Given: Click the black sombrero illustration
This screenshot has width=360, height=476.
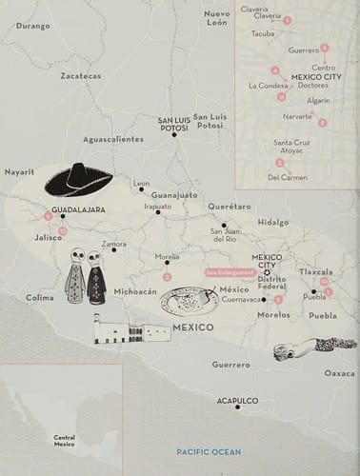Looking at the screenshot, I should point(78,179).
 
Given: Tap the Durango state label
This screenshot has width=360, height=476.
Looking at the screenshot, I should point(32,26).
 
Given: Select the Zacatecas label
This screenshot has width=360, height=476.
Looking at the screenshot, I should point(80,75).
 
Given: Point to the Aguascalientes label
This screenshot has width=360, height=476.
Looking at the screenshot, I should point(112,139).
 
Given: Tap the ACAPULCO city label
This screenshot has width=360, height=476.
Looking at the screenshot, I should point(236,401).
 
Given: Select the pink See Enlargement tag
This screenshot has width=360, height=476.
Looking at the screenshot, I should point(230,272).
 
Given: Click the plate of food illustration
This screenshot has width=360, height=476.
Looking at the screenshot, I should point(190,302).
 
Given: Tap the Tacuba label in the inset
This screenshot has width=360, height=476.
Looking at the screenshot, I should point(263,33).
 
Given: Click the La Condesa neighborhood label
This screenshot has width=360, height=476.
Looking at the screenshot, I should point(268,85).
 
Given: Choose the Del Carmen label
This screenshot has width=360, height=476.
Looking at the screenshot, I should point(287,176).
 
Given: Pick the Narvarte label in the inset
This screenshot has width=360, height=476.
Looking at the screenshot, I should point(296,116).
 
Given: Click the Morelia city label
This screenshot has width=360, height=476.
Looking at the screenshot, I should point(168,257).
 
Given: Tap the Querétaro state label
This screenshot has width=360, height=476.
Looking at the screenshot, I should point(229,206).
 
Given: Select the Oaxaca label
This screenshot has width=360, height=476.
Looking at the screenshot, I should point(339,373).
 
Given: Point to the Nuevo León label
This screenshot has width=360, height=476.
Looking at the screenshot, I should point(218,18).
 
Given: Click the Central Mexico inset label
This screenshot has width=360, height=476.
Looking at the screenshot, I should point(65,440).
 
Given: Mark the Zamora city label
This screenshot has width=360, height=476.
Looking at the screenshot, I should point(114,245).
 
